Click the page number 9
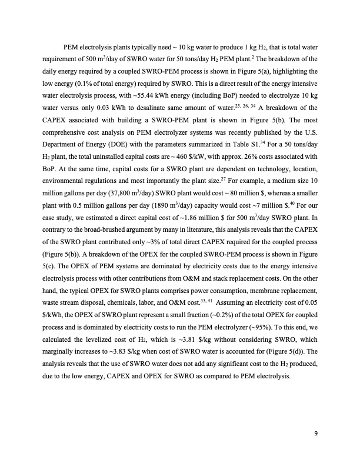[316, 434]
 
